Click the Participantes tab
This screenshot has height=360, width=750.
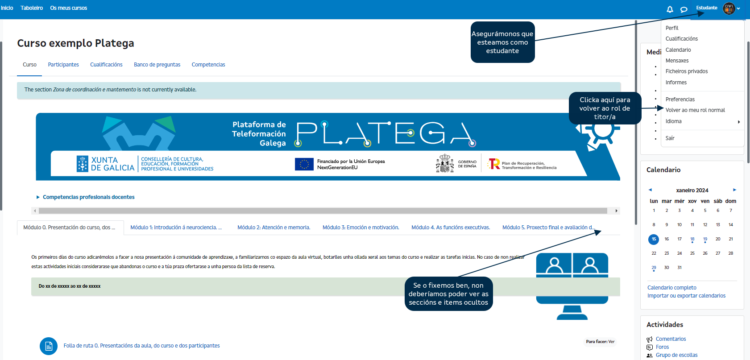pyautogui.click(x=63, y=65)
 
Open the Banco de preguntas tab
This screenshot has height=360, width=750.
pyautogui.click(x=157, y=65)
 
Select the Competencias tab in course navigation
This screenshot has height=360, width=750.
pyautogui.click(x=208, y=65)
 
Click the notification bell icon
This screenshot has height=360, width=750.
pyautogui.click(x=670, y=9)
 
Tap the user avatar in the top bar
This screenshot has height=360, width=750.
pyautogui.click(x=729, y=8)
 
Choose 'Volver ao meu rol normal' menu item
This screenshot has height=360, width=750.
pyautogui.click(x=695, y=110)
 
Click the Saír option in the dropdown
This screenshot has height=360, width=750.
pyautogui.click(x=670, y=138)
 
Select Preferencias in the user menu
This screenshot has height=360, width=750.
pyautogui.click(x=680, y=99)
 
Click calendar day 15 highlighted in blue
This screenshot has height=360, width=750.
pyautogui.click(x=654, y=239)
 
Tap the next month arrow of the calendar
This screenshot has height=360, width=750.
pyautogui.click(x=734, y=190)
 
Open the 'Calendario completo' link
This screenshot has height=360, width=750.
pyautogui.click(x=671, y=288)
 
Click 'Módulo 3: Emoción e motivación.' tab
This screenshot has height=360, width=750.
pyautogui.click(x=360, y=228)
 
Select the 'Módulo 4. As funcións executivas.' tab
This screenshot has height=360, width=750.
pyautogui.click(x=451, y=228)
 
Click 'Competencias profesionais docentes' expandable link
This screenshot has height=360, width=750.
pyautogui.click(x=88, y=197)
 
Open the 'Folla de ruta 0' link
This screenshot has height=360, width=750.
pyautogui.click(x=141, y=346)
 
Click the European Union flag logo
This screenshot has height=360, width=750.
pyautogui.click(x=304, y=164)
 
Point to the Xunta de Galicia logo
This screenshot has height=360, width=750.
pyautogui.click(x=105, y=164)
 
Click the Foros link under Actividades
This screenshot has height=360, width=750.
pyautogui.click(x=662, y=347)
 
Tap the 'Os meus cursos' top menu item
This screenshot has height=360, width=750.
pyautogui.click(x=69, y=8)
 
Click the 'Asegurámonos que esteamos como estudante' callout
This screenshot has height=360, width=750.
pyautogui.click(x=502, y=42)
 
